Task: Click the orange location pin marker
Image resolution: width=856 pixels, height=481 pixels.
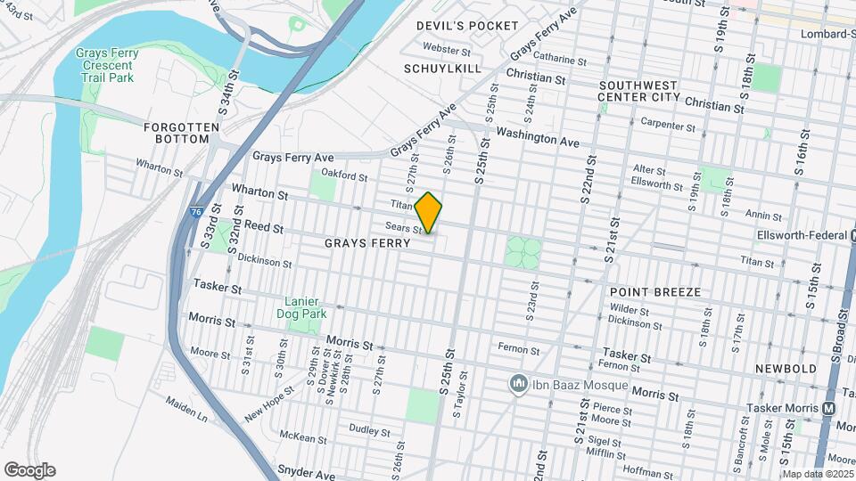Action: point(429,213)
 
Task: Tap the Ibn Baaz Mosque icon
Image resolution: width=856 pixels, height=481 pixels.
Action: point(518,385)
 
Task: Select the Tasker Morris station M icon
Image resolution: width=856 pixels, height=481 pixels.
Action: point(828,408)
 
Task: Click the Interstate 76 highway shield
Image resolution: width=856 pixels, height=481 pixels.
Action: point(195,211)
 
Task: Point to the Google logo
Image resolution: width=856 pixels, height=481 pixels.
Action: point(29,469)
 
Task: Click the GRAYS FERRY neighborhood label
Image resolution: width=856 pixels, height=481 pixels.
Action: point(367,243)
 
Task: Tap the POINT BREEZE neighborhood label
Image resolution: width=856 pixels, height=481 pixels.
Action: point(655,292)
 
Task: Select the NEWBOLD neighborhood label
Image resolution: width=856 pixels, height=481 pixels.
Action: point(786,368)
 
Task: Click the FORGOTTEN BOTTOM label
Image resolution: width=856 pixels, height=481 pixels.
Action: point(182,135)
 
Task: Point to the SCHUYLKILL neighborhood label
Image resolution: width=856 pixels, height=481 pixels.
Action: point(442,69)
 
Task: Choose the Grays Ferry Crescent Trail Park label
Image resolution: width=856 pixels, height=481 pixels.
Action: point(107,65)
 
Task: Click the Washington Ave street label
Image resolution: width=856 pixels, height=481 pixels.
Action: point(538,138)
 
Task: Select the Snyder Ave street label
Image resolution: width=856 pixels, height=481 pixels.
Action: point(305,469)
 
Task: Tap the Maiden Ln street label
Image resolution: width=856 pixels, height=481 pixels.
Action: point(186,408)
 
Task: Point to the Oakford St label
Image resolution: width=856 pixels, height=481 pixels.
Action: point(344,176)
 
